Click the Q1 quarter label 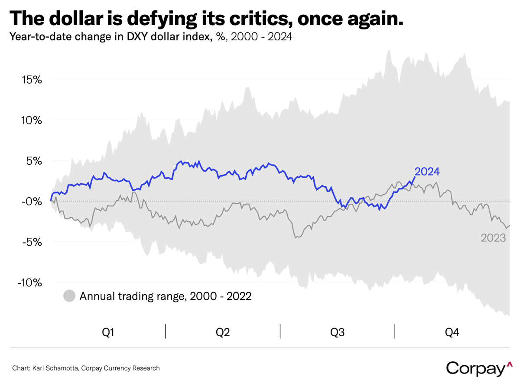108,332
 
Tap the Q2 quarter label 223,332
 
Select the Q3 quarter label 338,332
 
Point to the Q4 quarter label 452,332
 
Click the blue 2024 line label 427,172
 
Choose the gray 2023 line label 494,237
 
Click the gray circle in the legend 69,296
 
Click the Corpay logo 476,368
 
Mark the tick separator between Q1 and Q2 166,331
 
